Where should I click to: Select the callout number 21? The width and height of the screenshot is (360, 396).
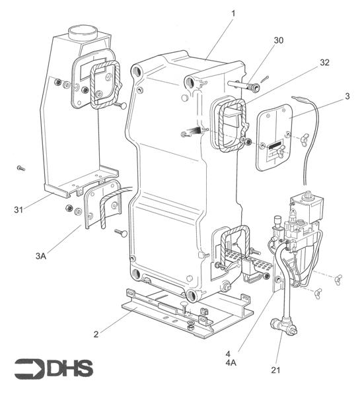(x=275, y=370)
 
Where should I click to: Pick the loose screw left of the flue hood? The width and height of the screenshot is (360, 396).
(x=20, y=168)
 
